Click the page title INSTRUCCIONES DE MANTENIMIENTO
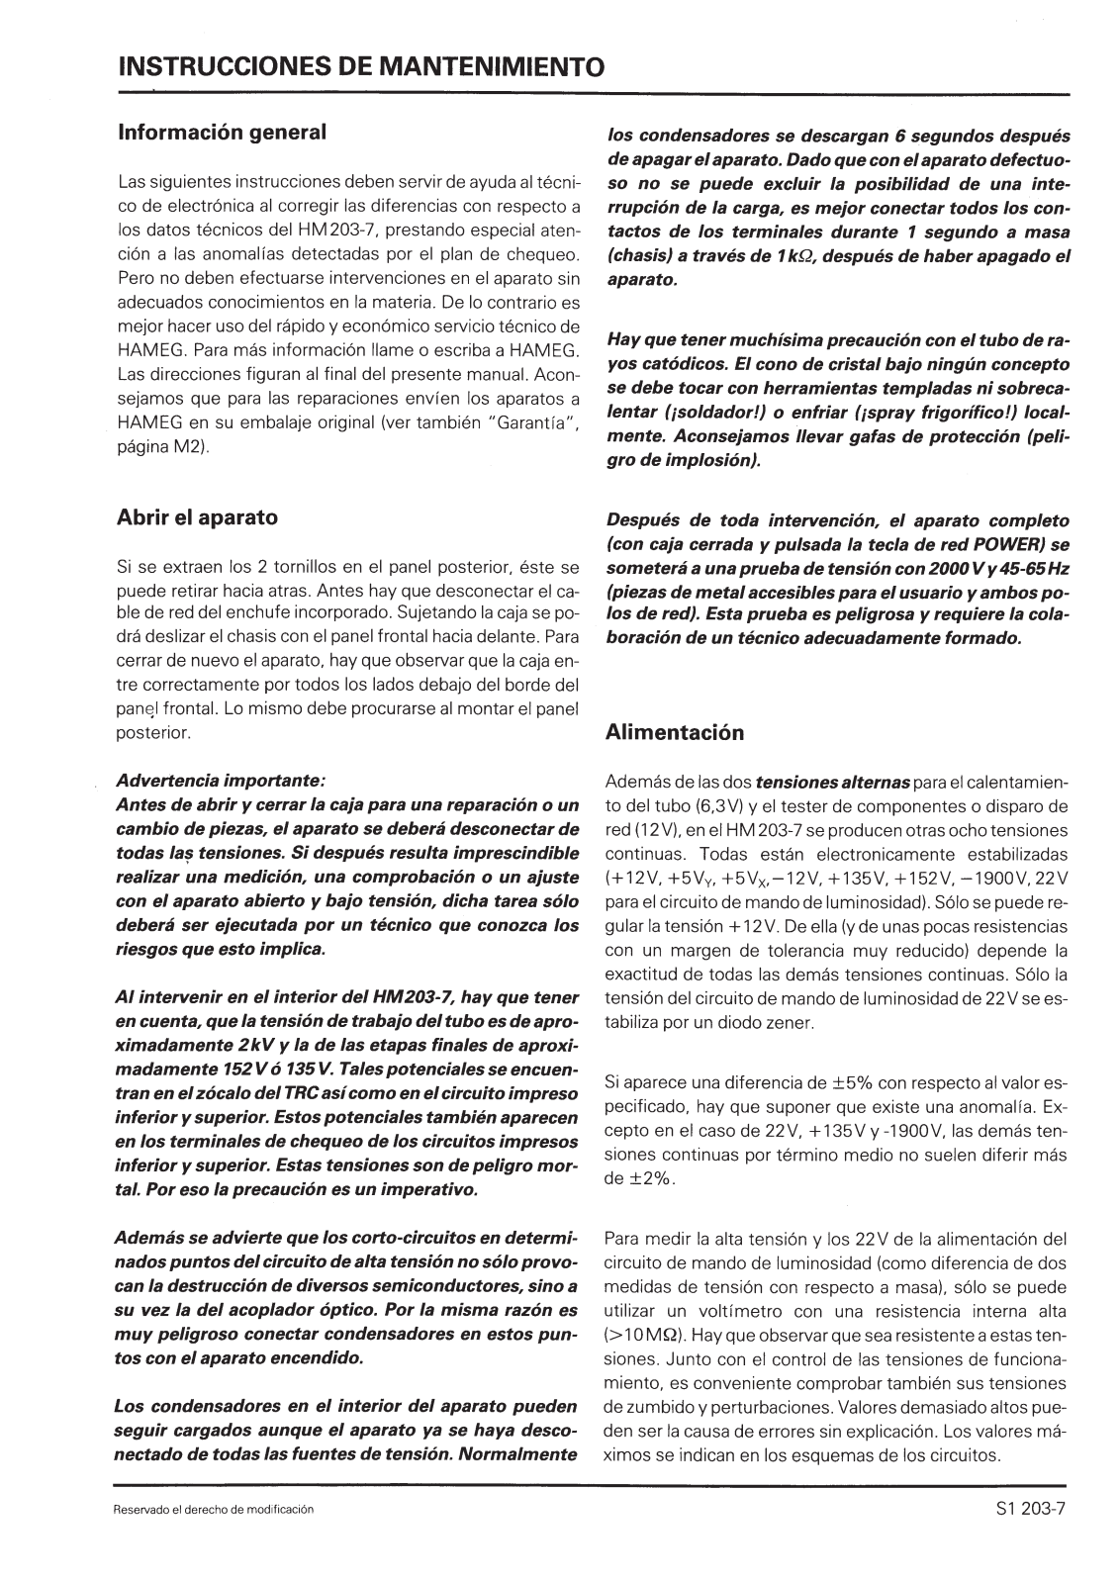click(360, 67)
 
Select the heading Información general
click(222, 132)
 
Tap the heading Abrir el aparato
click(198, 516)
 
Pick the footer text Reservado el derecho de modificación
click(215, 1510)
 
